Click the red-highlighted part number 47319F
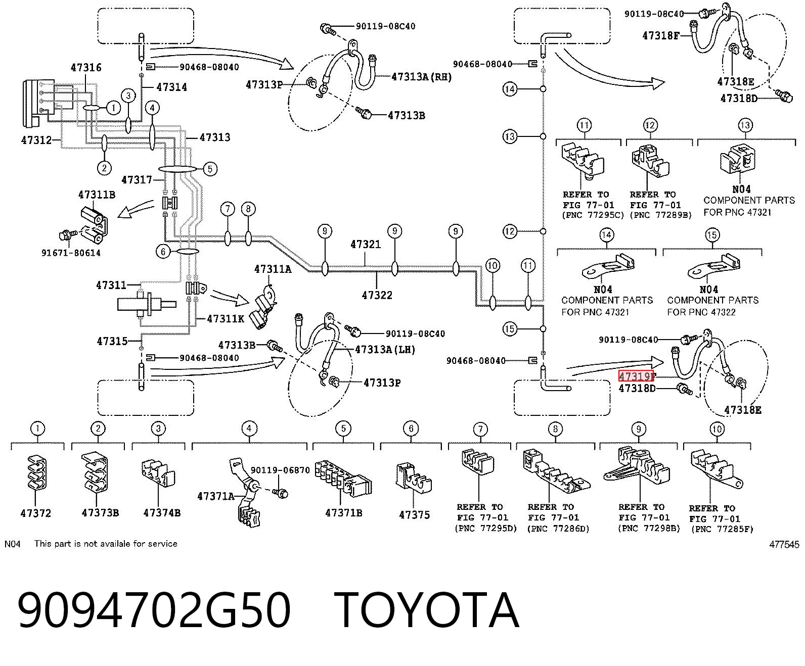[636, 376]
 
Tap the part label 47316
[86, 68]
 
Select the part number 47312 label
[36, 140]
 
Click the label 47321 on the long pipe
[366, 245]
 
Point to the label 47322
[377, 295]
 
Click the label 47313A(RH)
[421, 77]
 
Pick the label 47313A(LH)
[385, 350]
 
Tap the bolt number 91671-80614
[71, 253]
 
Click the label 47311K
[226, 319]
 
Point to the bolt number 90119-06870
[280, 470]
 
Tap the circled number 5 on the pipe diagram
[210, 169]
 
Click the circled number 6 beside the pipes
[163, 252]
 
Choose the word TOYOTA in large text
[426, 611]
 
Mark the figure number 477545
[784, 544]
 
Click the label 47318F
[661, 36]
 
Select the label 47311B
[97, 195]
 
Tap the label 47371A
[216, 496]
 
